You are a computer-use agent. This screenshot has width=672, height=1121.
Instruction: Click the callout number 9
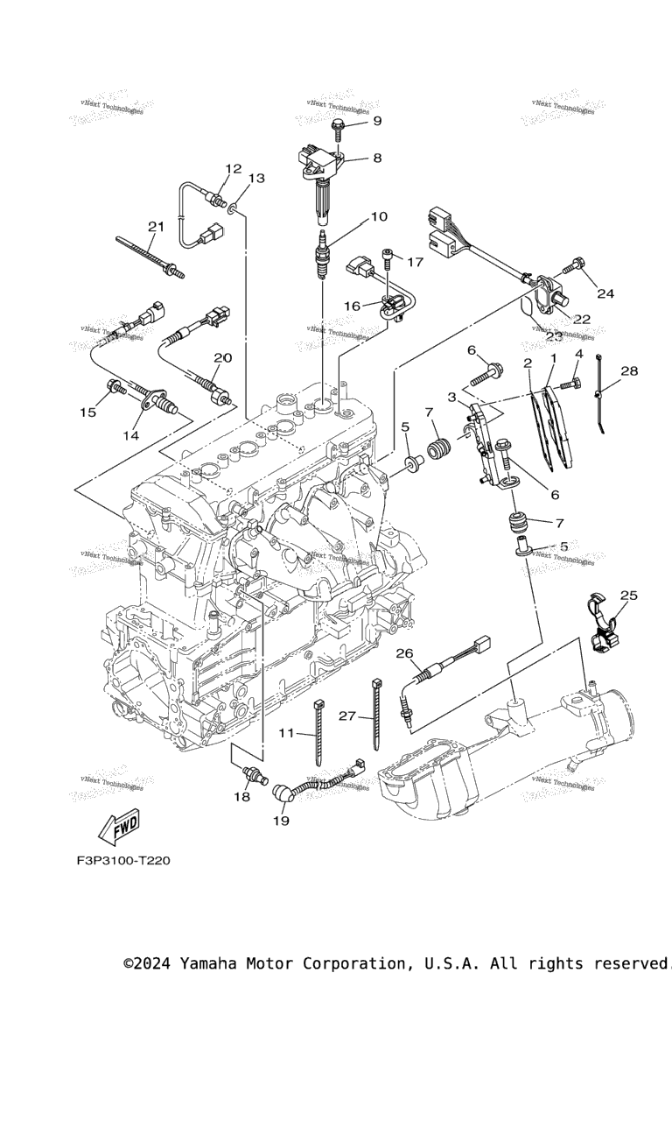[377, 121]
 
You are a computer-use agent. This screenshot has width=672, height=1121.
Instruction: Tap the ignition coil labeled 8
[322, 180]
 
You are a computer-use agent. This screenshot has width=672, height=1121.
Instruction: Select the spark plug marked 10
[323, 255]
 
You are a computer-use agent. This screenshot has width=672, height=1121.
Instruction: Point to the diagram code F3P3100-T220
[122, 860]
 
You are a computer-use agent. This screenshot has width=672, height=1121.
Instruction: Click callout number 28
[629, 371]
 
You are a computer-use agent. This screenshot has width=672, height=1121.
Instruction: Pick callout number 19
[280, 821]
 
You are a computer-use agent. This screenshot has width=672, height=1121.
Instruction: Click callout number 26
[404, 653]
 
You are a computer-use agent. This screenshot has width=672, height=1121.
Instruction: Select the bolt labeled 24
[578, 264]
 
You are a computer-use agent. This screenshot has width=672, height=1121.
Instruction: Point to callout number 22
[582, 319]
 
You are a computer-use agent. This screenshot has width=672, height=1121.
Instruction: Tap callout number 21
[156, 227]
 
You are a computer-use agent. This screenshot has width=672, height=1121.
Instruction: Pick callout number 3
[452, 397]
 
